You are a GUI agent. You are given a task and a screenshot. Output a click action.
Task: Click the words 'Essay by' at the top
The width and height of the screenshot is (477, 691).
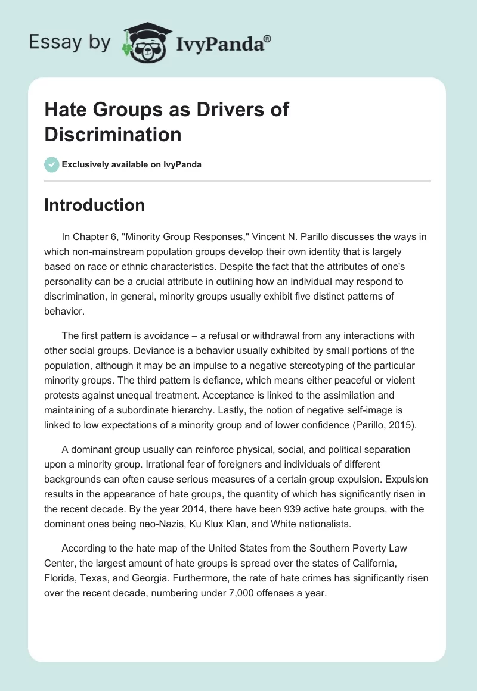tap(69, 42)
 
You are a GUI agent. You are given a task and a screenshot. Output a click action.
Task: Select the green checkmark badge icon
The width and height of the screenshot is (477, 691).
tap(52, 164)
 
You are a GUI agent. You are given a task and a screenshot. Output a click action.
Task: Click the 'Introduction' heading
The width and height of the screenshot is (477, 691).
tap(95, 205)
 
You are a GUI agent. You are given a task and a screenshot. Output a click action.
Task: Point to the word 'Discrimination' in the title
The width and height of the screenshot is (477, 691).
tap(113, 135)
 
